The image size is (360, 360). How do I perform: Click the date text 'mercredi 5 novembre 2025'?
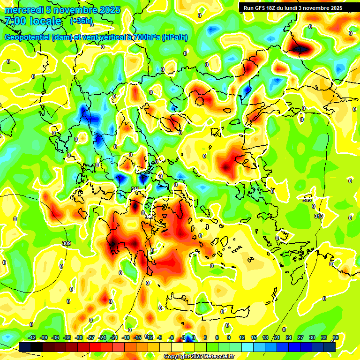62,10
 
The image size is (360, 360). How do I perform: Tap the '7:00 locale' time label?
33,21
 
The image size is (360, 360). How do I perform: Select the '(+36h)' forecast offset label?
81,21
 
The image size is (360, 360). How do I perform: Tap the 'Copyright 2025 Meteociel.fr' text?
198,357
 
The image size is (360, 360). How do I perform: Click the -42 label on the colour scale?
32,337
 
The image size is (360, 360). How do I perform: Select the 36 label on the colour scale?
336,337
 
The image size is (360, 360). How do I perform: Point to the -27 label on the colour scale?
91,337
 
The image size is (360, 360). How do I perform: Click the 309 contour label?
66,243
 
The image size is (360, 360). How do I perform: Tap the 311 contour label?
135,189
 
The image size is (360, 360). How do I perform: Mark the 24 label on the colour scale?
289,337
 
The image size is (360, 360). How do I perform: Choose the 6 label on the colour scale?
217,337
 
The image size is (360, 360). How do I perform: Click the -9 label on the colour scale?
159,337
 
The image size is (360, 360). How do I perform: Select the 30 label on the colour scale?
312,337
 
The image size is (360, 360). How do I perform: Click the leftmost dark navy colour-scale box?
25,347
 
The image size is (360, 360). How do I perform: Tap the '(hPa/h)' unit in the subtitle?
175,37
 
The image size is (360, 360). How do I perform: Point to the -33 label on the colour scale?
67,337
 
